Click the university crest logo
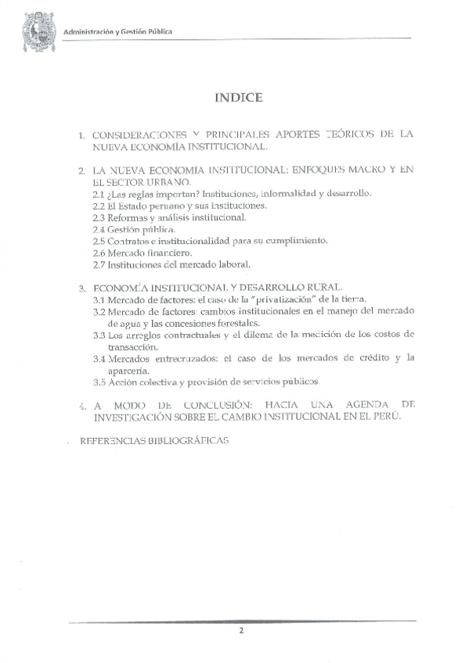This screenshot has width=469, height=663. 36,36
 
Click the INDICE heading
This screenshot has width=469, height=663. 238,98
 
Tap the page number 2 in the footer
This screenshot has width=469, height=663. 242,631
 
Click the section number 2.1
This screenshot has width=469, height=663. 99,193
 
